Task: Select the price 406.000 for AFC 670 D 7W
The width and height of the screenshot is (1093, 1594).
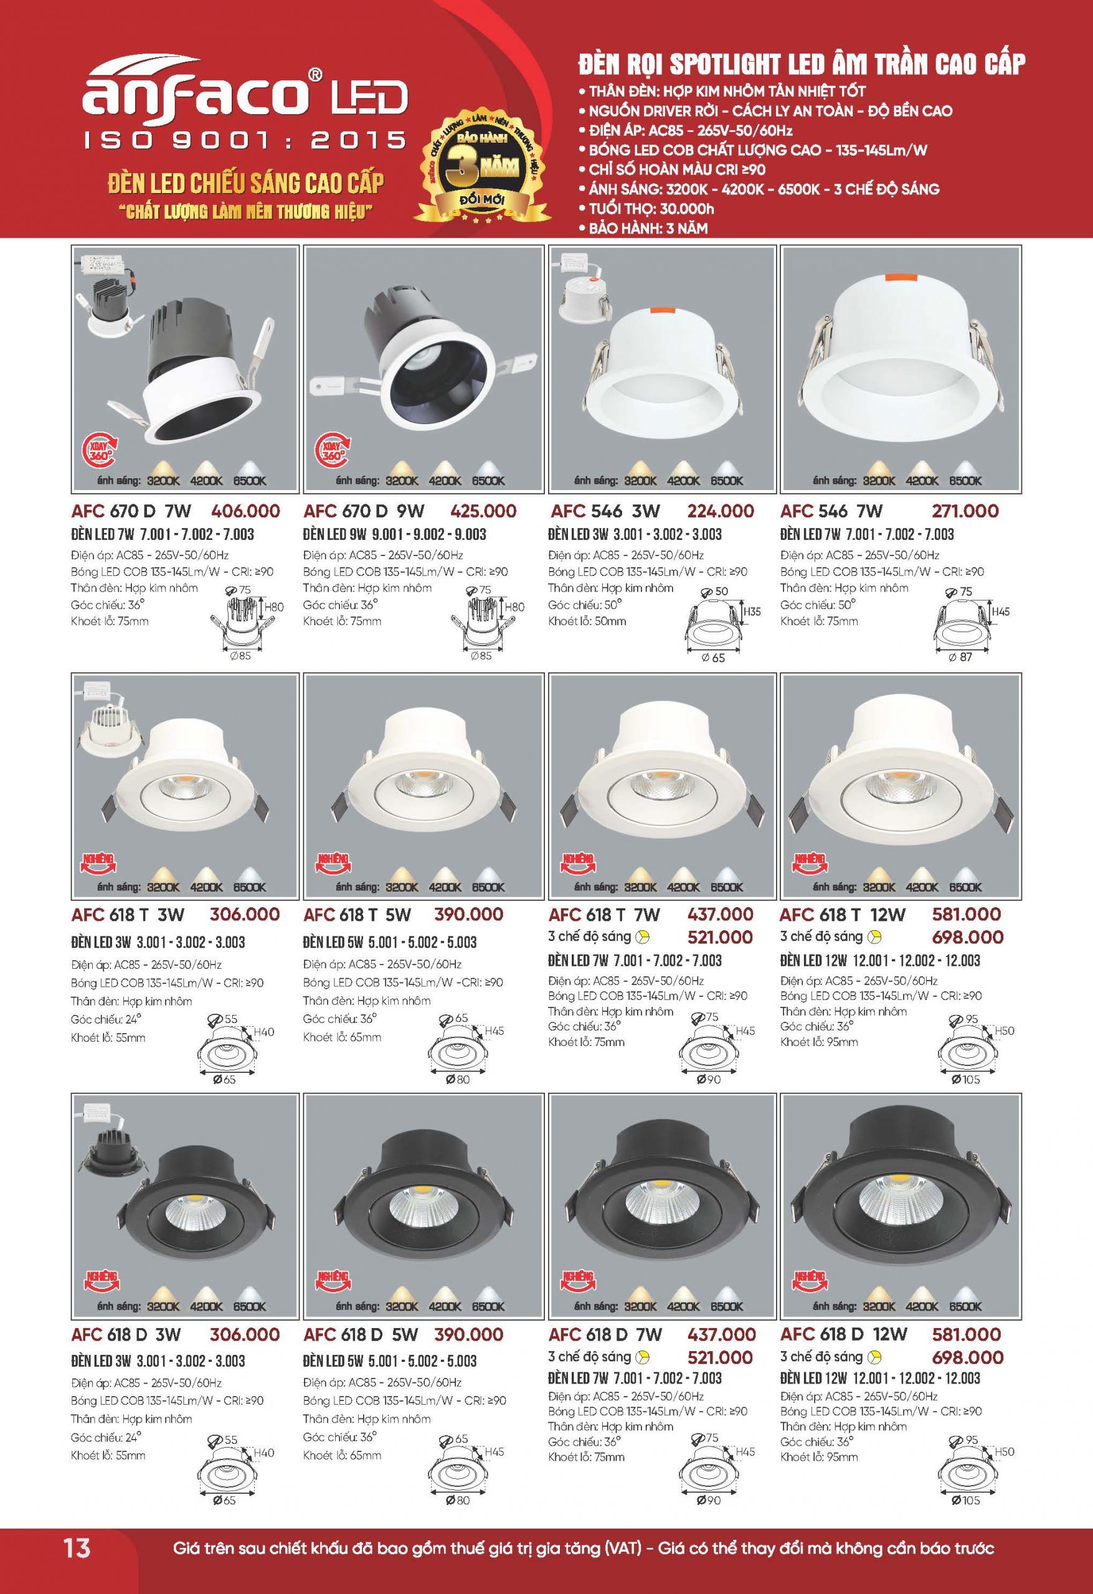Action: pyautogui.click(x=245, y=511)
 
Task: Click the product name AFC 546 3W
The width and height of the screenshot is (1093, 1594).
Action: pyautogui.click(x=606, y=511)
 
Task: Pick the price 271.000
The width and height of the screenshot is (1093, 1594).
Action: pyautogui.click(x=965, y=511)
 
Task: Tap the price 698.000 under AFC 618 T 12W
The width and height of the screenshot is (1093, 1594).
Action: pyautogui.click(x=967, y=937)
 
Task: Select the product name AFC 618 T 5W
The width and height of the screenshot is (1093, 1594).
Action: pyautogui.click(x=357, y=914)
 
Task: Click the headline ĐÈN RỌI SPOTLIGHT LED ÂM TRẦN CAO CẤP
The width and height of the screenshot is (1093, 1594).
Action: pyautogui.click(x=802, y=65)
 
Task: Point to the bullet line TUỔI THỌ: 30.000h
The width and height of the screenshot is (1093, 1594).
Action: pyautogui.click(x=651, y=209)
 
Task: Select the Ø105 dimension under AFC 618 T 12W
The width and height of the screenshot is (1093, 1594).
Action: pyautogui.click(x=966, y=1080)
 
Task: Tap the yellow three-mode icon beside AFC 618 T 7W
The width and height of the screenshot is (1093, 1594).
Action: pyautogui.click(x=643, y=936)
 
